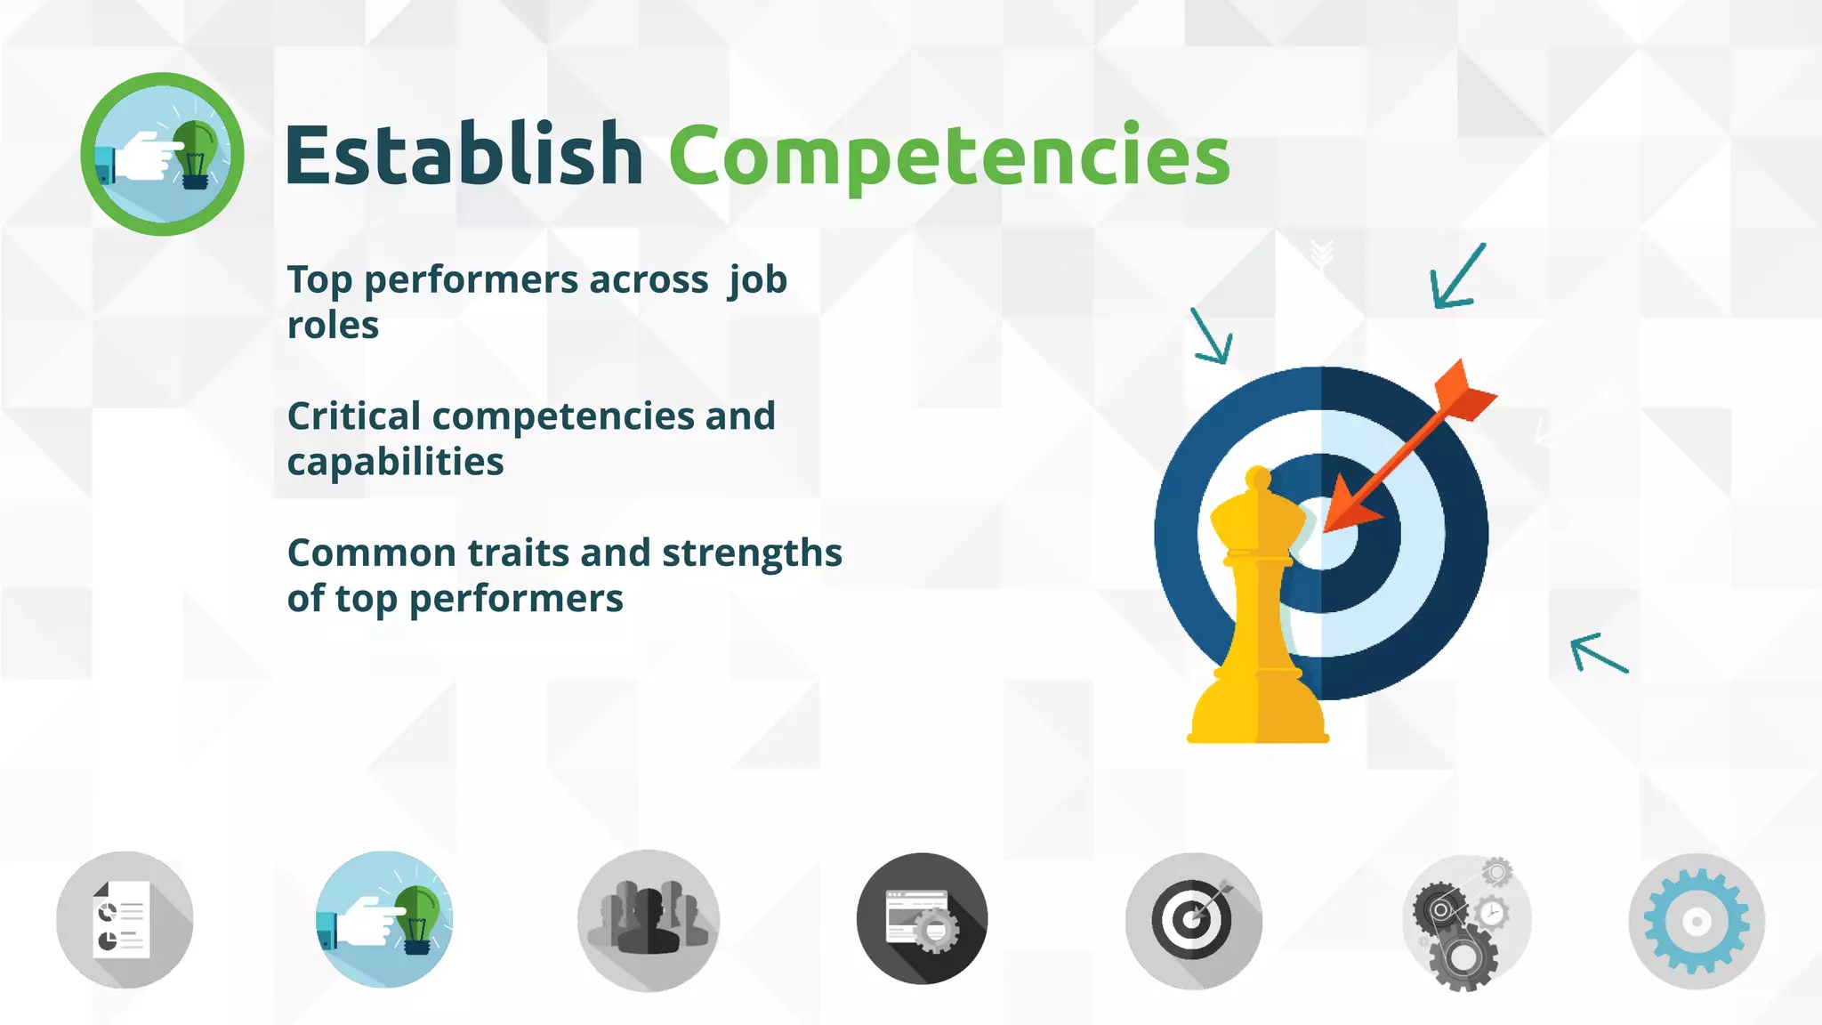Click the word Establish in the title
(x=463, y=156)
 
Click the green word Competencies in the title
(x=949, y=157)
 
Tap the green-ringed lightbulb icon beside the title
(x=162, y=154)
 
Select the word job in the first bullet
(x=758, y=281)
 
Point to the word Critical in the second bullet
(x=354, y=416)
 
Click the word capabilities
(x=395, y=463)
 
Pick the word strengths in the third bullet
(x=752, y=553)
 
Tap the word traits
(x=518, y=553)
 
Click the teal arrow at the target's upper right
(x=1456, y=278)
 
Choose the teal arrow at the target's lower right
(x=1598, y=653)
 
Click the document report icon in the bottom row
(x=125, y=920)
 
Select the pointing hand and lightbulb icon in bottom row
(x=384, y=920)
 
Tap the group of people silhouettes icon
(x=648, y=920)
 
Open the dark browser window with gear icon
(x=922, y=920)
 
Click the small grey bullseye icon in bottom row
(x=1193, y=920)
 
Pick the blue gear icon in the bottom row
(x=1696, y=922)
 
